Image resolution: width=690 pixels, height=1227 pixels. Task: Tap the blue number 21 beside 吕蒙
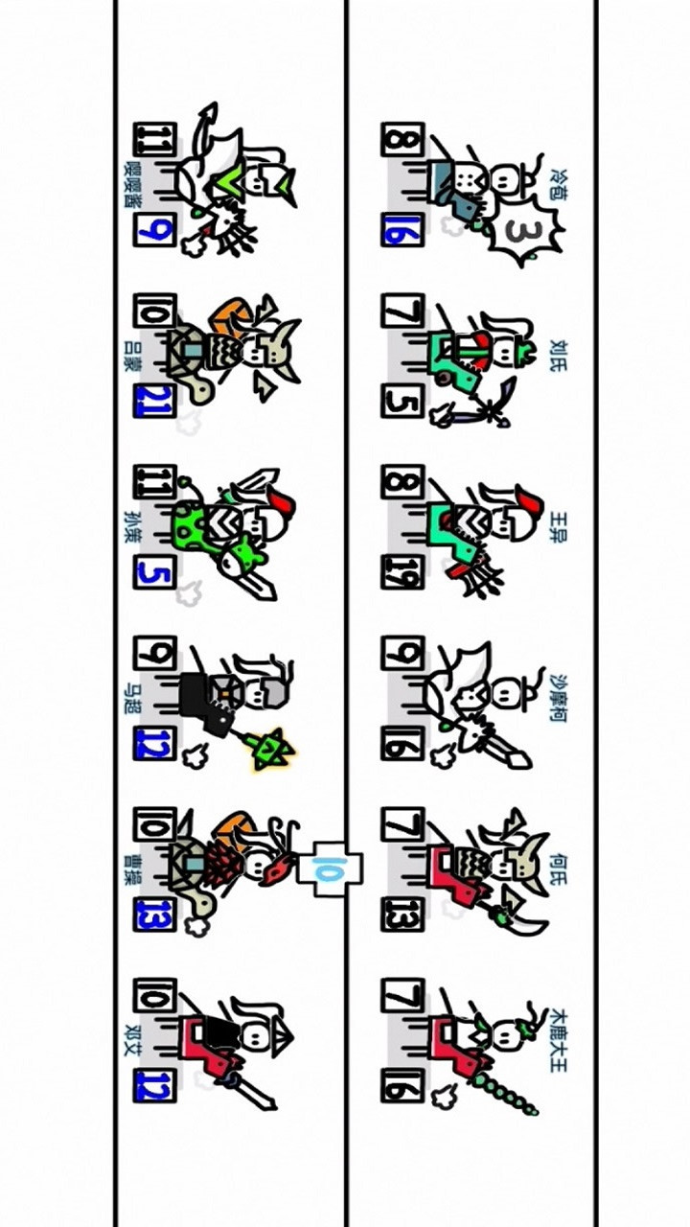[153, 401]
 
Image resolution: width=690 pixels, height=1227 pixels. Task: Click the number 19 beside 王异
[400, 573]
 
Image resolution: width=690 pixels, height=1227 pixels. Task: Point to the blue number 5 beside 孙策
[153, 572]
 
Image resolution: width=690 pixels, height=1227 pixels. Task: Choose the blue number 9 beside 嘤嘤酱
[153, 230]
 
